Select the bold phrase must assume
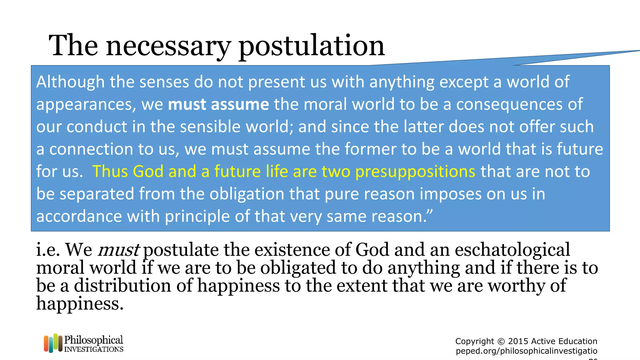pyautogui.click(x=218, y=104)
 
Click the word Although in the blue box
pyautogui.click(x=70, y=82)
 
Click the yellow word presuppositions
pyautogui.click(x=415, y=172)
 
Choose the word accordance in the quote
pyautogui.click(x=79, y=216)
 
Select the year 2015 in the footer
pyautogui.click(x=518, y=341)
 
